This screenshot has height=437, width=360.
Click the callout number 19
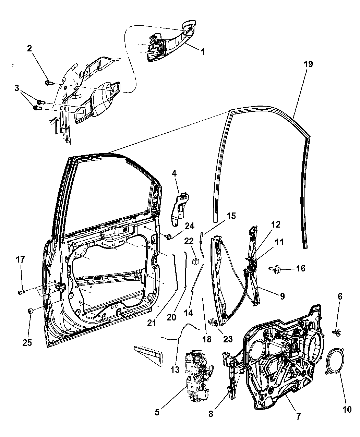pyautogui.click(x=308, y=64)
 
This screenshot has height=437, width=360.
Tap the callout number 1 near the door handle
pyautogui.click(x=203, y=52)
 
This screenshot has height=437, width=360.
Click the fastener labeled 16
pyautogui.click(x=276, y=268)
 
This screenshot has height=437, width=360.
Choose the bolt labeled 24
pyautogui.click(x=168, y=237)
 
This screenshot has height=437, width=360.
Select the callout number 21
pyautogui.click(x=152, y=323)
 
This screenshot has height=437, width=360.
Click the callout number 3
pyautogui.click(x=17, y=88)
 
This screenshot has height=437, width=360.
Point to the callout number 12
pyautogui.click(x=276, y=224)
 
